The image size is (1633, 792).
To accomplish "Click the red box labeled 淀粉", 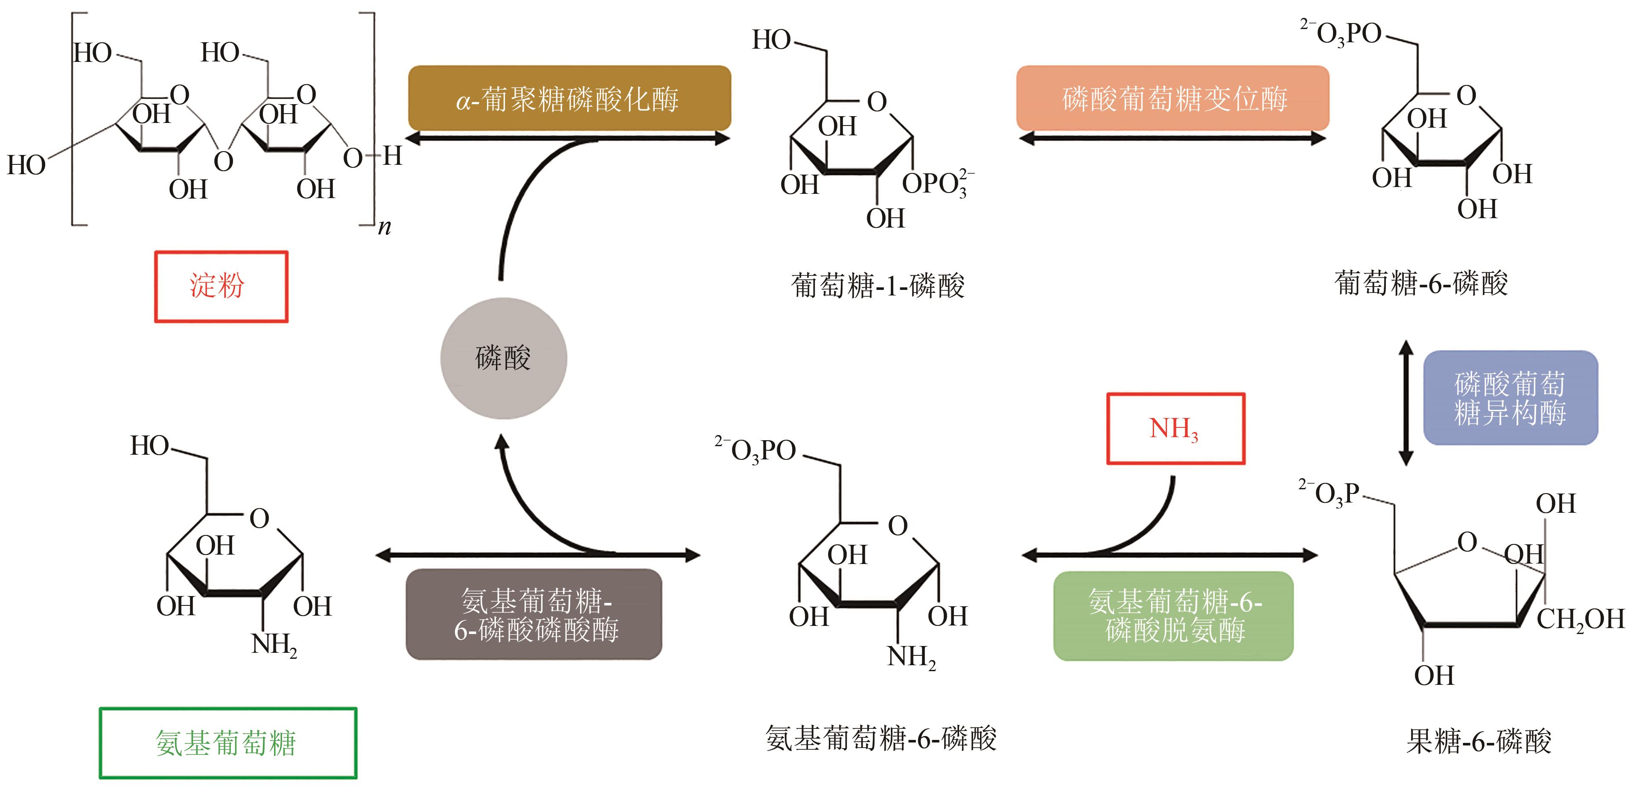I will [221, 286].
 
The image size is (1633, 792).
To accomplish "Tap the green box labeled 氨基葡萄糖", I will [227, 742].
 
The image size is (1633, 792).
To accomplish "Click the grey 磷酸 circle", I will [503, 358].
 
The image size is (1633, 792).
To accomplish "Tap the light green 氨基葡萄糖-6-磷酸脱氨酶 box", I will [1173, 616].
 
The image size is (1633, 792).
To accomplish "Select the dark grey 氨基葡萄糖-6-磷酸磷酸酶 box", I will [534, 614].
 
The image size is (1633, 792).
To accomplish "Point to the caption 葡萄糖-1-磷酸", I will [878, 285].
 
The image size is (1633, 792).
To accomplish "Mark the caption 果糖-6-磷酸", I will [1478, 741].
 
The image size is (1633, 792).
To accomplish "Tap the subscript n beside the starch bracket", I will [384, 228].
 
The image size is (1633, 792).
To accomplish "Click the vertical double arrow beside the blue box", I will [1406, 403].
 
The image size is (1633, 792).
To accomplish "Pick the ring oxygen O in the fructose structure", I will [1467, 542].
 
